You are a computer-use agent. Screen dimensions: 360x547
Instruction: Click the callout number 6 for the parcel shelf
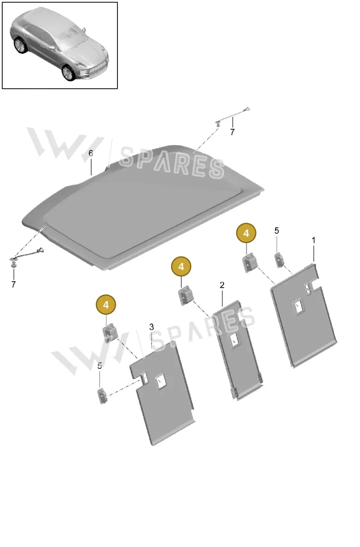[x=91, y=154]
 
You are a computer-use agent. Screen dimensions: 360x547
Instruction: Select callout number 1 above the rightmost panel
[x=314, y=240]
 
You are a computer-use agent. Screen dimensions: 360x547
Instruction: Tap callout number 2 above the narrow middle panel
[x=222, y=285]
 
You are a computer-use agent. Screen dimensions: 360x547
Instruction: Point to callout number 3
[x=152, y=327]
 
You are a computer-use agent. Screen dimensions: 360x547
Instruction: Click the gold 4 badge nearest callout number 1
[x=246, y=233]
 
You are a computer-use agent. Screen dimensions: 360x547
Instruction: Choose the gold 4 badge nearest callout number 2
[x=181, y=267]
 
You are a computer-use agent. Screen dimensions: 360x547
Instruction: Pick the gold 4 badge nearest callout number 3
[x=106, y=305]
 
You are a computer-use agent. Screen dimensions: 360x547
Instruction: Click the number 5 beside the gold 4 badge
[x=277, y=231]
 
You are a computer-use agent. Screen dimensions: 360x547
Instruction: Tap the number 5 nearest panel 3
[x=99, y=366]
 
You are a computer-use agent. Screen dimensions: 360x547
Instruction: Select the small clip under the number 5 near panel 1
[x=279, y=260]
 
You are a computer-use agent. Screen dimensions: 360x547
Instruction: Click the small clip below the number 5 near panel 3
[x=103, y=396]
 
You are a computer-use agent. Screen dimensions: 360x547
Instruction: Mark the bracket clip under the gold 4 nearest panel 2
[x=186, y=295]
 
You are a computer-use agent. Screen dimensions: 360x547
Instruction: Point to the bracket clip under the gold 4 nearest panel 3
[x=110, y=333]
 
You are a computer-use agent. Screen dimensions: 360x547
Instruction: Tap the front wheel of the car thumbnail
[x=68, y=72]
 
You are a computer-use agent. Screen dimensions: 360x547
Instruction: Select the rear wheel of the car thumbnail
[x=19, y=45]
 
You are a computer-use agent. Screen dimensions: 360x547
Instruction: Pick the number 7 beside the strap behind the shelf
[x=232, y=132]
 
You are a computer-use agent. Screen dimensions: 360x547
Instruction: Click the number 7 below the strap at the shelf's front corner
[x=13, y=284]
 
